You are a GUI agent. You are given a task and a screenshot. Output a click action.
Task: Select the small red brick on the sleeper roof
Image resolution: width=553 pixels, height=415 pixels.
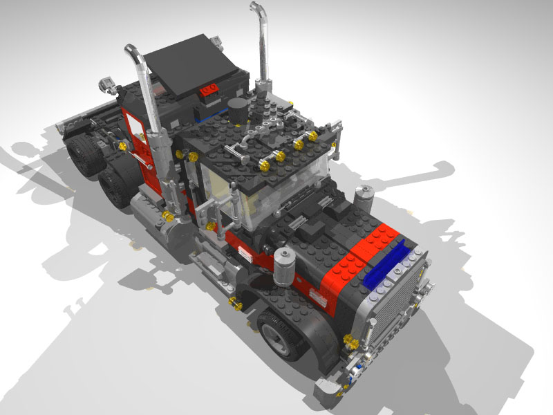(x=208, y=89)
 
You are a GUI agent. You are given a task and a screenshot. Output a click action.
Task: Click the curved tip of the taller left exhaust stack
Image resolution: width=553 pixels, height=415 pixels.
(x=131, y=53)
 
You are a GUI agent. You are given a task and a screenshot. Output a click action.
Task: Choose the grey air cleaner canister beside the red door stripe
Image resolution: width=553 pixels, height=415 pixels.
(x=285, y=263)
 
